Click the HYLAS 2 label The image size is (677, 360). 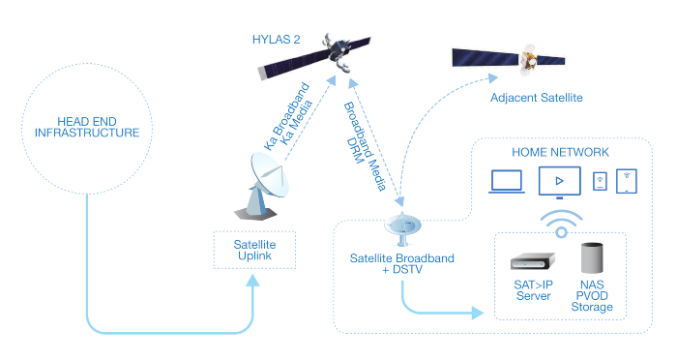click(276, 40)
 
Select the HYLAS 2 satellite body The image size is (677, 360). click(338, 51)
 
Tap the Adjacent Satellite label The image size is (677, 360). click(536, 98)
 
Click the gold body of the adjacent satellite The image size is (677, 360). click(528, 59)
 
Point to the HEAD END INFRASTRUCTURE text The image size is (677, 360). click(87, 127)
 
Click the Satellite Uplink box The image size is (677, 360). click(254, 251)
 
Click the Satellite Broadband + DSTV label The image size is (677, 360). click(402, 263)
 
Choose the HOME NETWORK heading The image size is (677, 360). click(560, 152)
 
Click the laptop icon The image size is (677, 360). click(507, 182)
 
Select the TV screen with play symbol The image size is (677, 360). click(560, 182)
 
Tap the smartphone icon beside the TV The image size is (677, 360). click(600, 182)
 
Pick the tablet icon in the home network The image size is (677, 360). click(626, 181)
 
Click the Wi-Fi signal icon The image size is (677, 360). click(561, 224)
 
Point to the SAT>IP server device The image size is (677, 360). click(532, 261)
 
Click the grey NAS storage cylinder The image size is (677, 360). click(592, 258)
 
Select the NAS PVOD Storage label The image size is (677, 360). click(592, 296)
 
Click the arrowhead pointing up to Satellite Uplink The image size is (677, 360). click(253, 281)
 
